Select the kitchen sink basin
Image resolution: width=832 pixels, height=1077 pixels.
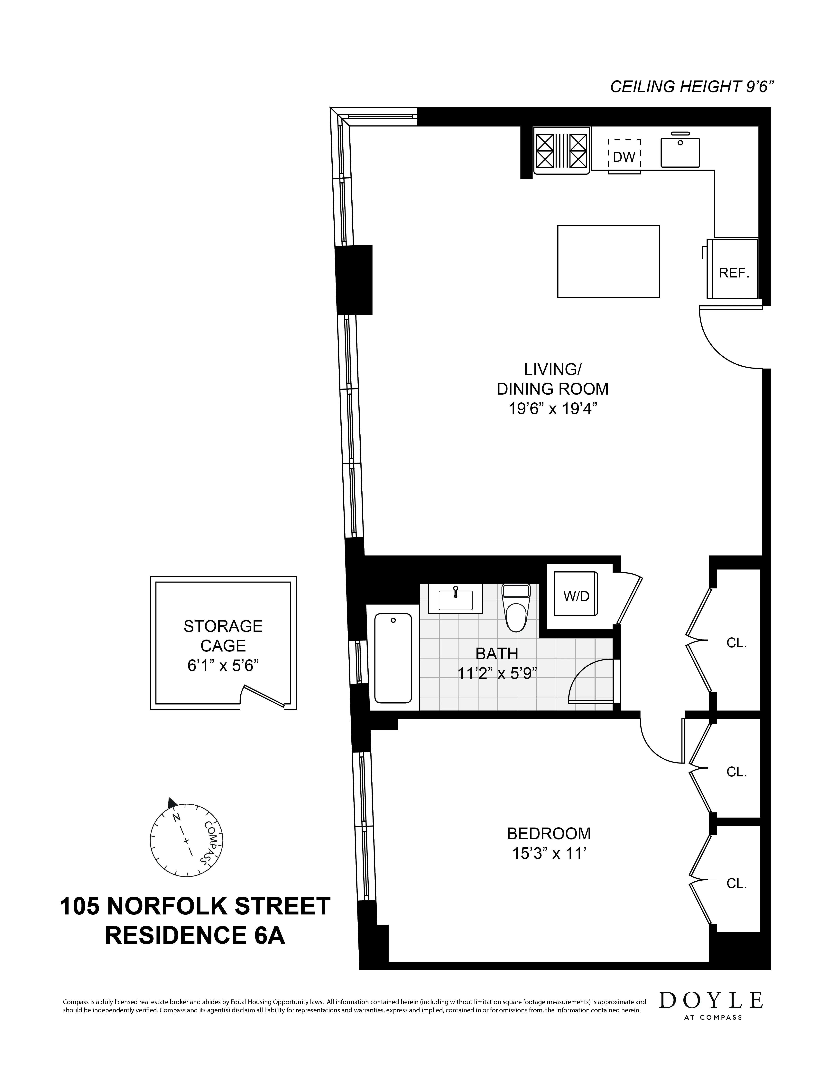680,153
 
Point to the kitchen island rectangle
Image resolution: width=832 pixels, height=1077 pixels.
608,261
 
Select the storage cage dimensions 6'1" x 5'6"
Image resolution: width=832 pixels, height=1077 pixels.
223,666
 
